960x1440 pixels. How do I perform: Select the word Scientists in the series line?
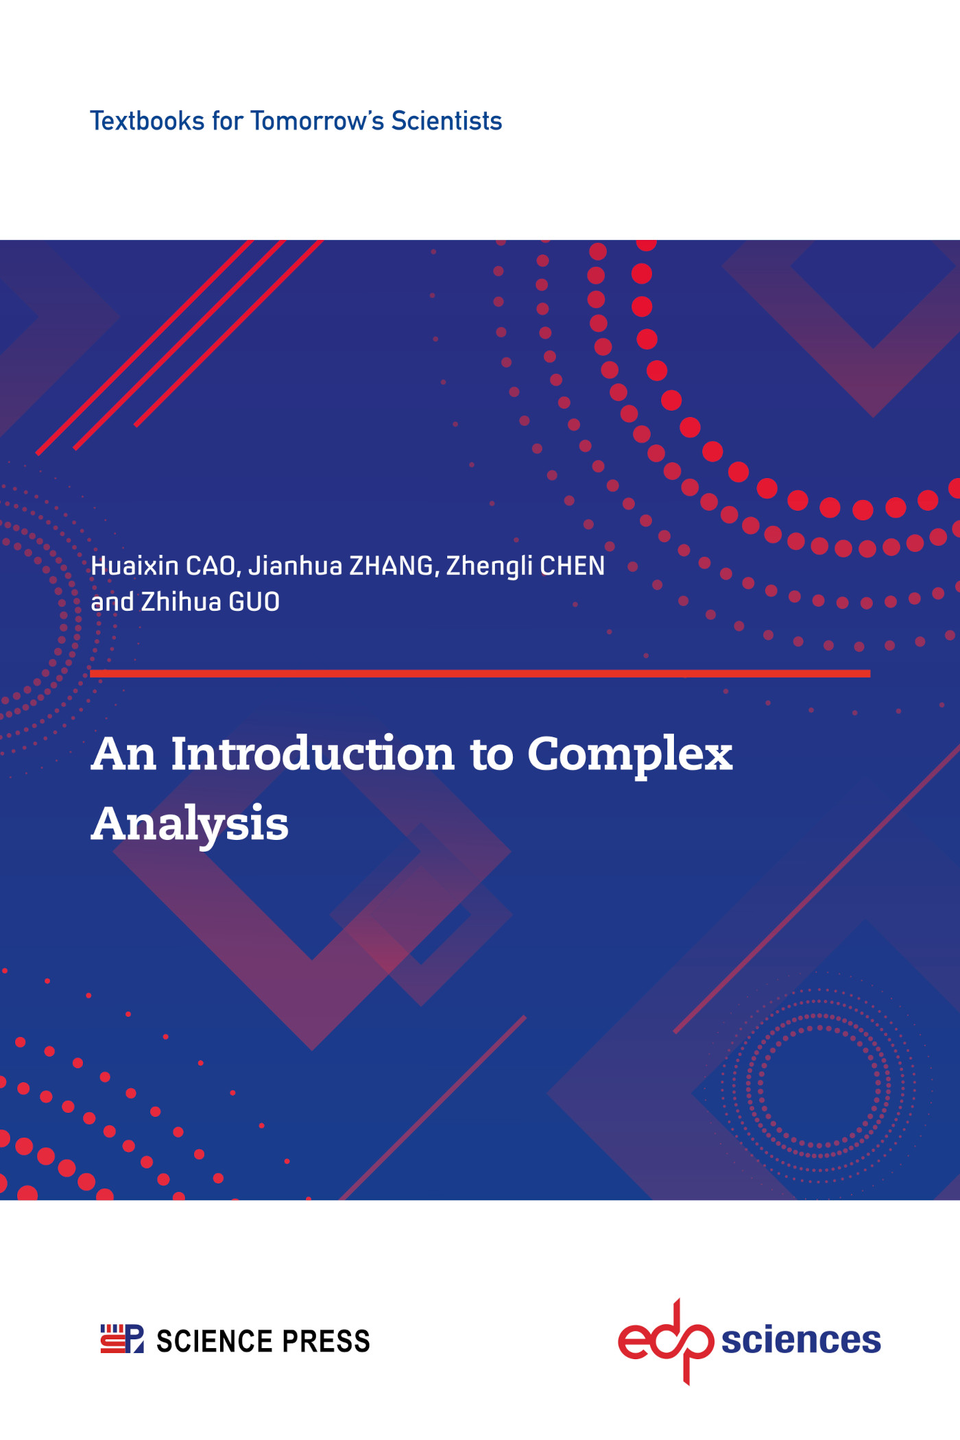(446, 121)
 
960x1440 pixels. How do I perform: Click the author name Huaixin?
(134, 566)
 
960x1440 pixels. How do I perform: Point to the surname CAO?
(211, 566)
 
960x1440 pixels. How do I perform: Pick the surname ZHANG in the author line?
(391, 566)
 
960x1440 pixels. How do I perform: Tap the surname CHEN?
(573, 566)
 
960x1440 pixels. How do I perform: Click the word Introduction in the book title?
(312, 754)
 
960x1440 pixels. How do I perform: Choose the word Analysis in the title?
(190, 824)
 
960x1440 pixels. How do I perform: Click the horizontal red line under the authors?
(480, 673)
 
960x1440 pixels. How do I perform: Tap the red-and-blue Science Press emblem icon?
(122, 1339)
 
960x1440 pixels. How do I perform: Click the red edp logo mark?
(666, 1340)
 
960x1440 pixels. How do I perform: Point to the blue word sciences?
(800, 1340)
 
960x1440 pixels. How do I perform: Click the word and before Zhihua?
(112, 602)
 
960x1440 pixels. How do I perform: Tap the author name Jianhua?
(295, 566)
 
